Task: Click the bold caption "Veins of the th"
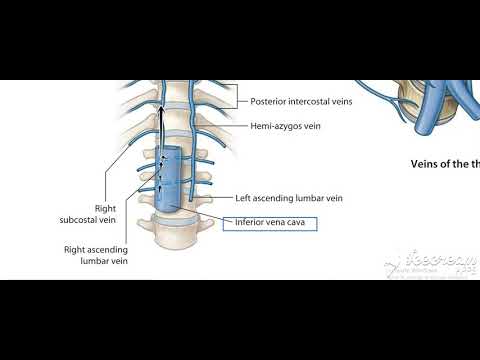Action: (x=445, y=163)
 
